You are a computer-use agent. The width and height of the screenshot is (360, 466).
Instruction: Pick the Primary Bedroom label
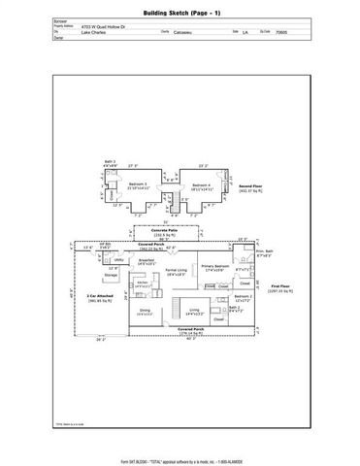point(213,267)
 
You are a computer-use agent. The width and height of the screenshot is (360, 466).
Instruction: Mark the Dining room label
point(144,312)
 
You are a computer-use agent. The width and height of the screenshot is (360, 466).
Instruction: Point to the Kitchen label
point(143,284)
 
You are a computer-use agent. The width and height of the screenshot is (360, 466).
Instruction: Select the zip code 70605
point(280,31)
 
